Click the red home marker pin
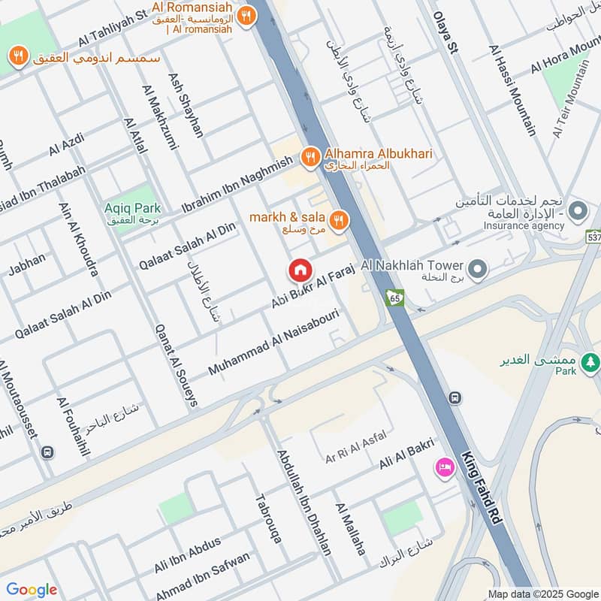coord(300,270)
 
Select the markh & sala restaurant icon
coord(340,220)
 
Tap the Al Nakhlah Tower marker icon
coord(476,268)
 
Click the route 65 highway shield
coord(394,298)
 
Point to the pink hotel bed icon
coord(444,467)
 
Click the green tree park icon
coord(591,362)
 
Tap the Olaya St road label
coord(445,34)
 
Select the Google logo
coord(32,590)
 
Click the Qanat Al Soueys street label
coord(175,365)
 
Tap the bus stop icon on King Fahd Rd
coord(455,397)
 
